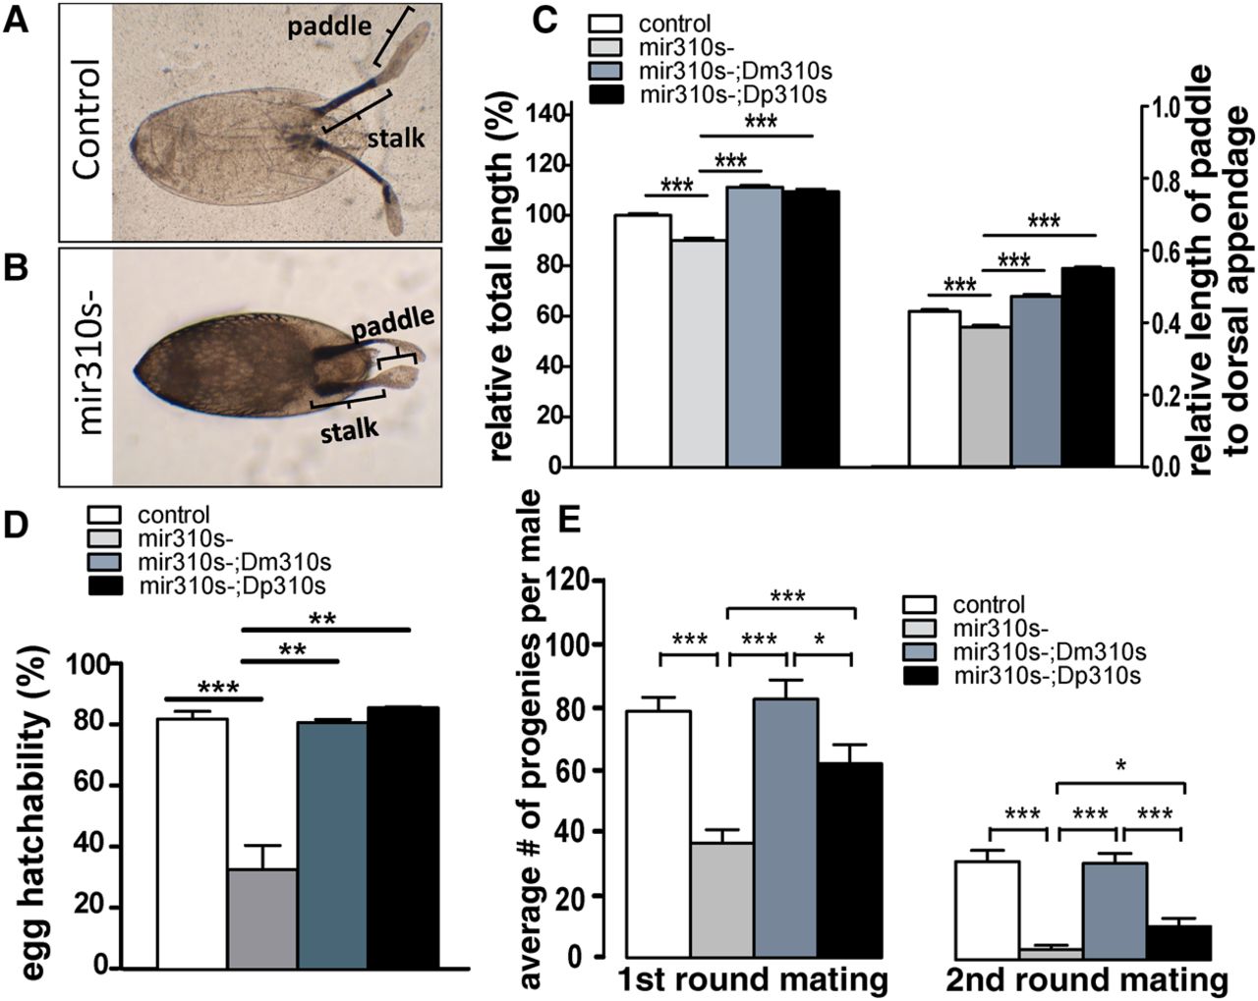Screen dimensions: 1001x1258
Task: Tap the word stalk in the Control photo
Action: [x=395, y=138]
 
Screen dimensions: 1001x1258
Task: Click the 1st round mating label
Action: [x=753, y=980]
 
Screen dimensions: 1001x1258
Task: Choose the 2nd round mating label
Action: [x=1087, y=980]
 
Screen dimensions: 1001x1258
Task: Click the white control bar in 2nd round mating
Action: [x=987, y=909]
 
